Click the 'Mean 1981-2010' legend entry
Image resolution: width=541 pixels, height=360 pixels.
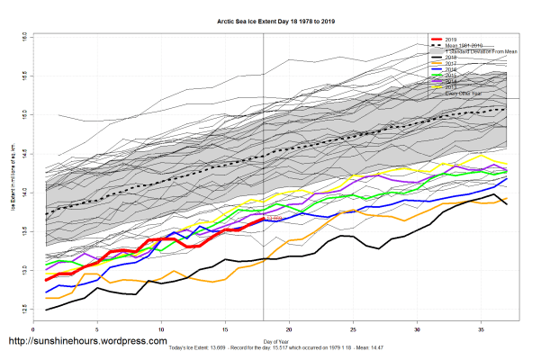(x=463, y=46)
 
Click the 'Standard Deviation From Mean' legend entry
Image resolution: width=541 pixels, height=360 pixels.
(x=476, y=51)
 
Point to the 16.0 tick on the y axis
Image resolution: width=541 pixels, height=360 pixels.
(x=24, y=37)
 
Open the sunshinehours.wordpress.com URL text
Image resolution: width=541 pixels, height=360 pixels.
(x=87, y=341)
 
